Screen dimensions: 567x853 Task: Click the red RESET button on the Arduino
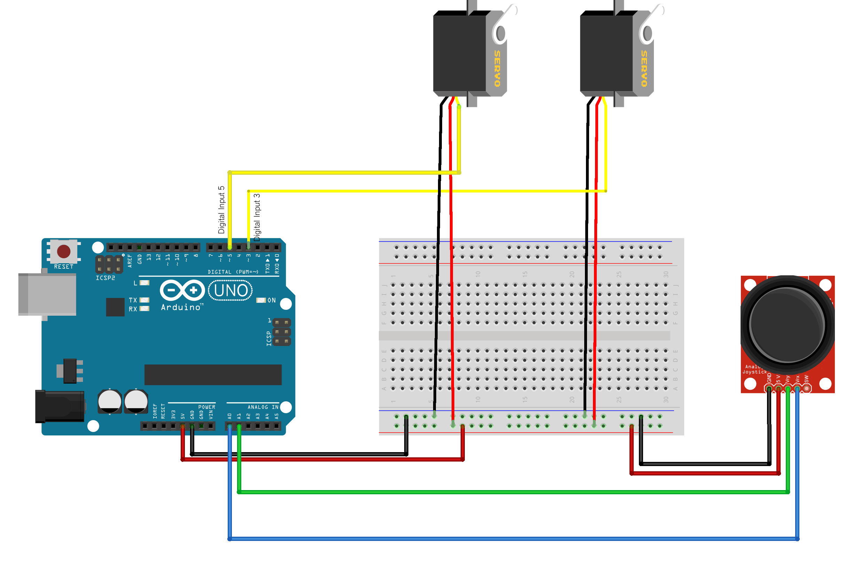click(x=64, y=251)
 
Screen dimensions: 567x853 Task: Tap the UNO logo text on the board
click(x=231, y=290)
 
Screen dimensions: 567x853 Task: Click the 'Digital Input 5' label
click(x=221, y=210)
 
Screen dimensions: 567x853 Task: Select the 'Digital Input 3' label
click(x=257, y=217)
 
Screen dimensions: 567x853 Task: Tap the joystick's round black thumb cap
click(x=787, y=325)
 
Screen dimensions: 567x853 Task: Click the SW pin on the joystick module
click(x=807, y=389)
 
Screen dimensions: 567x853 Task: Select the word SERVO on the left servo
click(x=498, y=68)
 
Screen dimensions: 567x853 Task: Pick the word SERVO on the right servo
click(x=644, y=68)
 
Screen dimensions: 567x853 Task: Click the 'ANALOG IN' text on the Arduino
click(x=263, y=407)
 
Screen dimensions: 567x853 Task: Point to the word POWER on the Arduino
click(x=206, y=407)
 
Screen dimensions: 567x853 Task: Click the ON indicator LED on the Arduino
click(x=261, y=300)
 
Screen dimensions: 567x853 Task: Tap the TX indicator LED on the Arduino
click(x=144, y=300)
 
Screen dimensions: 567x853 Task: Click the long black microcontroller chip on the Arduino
click(x=213, y=375)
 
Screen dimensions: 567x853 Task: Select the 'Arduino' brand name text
click(x=181, y=307)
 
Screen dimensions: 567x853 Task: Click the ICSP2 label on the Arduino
click(x=105, y=278)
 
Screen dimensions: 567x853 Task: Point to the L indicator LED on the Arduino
click(x=144, y=283)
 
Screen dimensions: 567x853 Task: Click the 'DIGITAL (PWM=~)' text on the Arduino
click(x=233, y=272)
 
